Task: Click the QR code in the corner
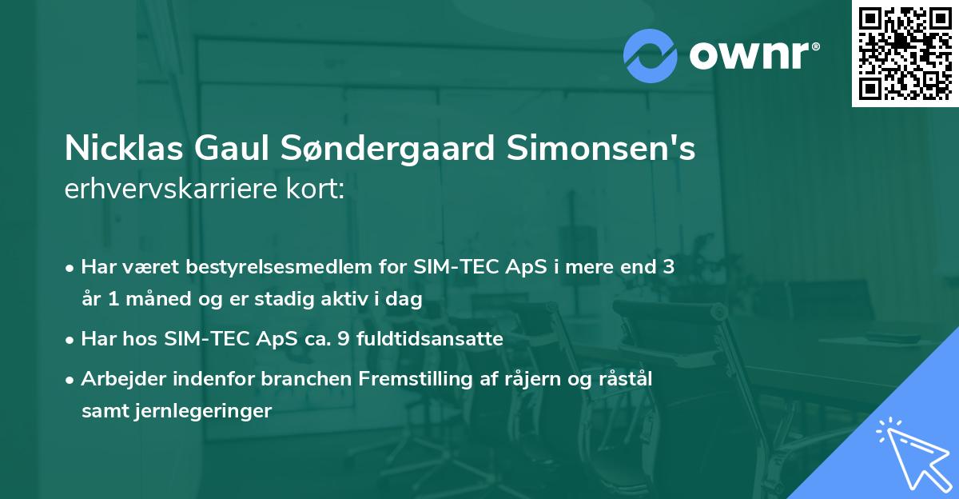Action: coord(905,53)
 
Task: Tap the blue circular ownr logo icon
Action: coord(651,55)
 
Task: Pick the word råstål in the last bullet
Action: coord(626,379)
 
